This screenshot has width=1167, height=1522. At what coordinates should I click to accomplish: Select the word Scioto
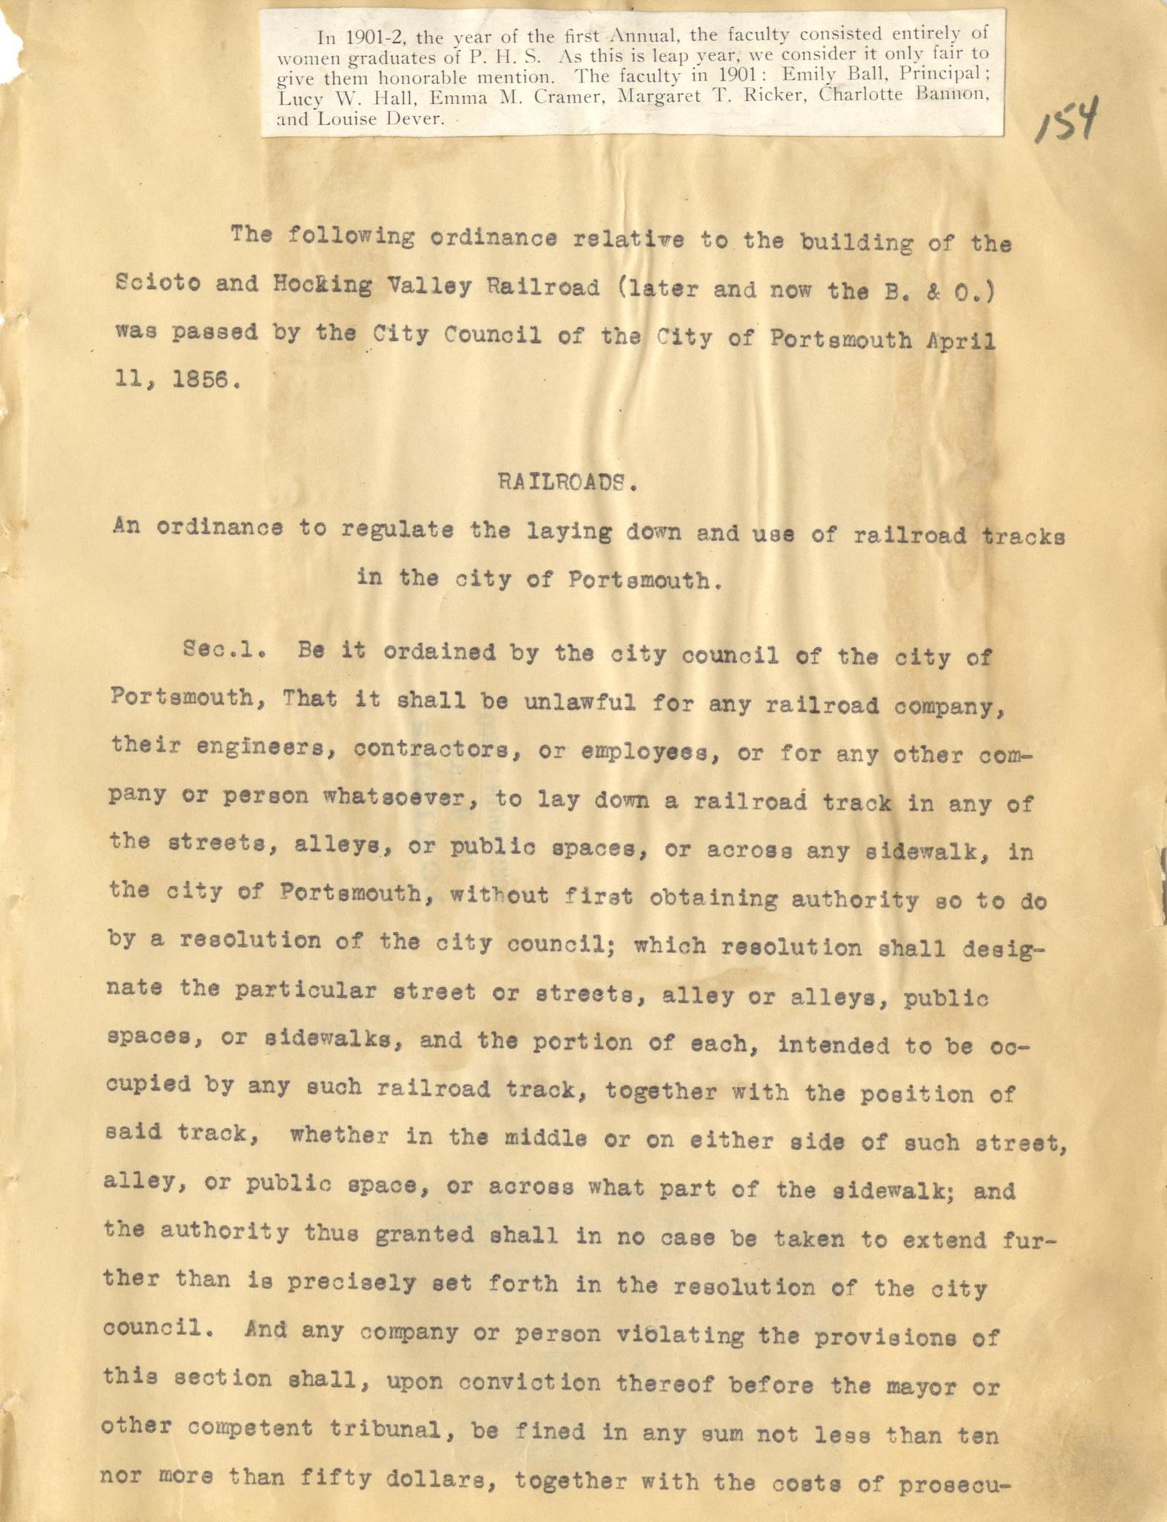coord(157,286)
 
